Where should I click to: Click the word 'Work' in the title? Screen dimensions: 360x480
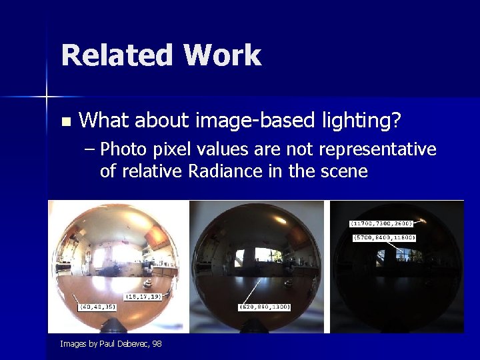(x=223, y=55)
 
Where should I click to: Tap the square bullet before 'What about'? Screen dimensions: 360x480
(x=65, y=121)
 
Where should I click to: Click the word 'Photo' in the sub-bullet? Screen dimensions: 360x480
(x=123, y=149)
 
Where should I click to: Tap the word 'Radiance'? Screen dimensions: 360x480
(x=225, y=171)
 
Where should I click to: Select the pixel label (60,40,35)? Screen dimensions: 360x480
(x=97, y=307)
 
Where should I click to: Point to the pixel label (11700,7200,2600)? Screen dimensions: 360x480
(x=382, y=223)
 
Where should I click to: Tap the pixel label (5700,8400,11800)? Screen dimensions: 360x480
(x=384, y=237)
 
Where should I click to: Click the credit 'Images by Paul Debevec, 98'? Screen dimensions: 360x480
(x=111, y=344)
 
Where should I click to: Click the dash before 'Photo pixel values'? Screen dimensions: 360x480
(x=91, y=149)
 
